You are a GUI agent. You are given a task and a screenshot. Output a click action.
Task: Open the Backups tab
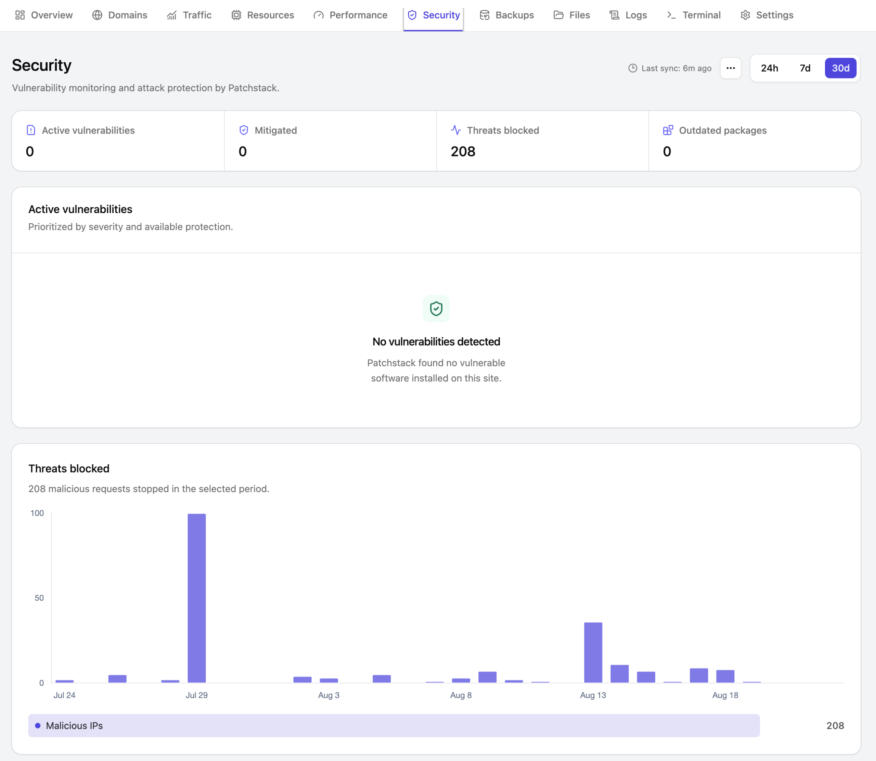point(506,15)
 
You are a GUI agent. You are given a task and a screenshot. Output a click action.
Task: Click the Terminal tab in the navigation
point(694,15)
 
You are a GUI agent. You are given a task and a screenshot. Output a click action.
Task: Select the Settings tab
point(767,15)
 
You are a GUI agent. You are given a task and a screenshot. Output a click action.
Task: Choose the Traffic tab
point(189,15)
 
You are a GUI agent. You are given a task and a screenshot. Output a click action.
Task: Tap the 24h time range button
point(769,68)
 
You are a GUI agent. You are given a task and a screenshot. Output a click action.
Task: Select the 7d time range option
point(805,68)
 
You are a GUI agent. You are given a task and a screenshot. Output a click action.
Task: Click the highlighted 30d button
point(840,68)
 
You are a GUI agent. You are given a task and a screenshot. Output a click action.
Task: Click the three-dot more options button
point(731,68)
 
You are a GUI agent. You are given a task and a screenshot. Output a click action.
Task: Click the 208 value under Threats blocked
point(463,152)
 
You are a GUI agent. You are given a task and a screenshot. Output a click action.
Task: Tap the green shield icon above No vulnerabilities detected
point(436,309)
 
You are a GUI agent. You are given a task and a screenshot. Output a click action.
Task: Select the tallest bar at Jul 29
point(197,598)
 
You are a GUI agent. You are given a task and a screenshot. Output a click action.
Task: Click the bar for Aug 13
point(593,652)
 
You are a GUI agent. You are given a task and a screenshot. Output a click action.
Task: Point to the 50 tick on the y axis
point(39,598)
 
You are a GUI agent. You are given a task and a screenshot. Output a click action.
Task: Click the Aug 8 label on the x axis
point(461,695)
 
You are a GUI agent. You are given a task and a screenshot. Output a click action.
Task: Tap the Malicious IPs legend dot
point(38,725)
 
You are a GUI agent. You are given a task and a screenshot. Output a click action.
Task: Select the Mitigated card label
point(276,130)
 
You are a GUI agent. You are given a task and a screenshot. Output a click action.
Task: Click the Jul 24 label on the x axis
point(64,695)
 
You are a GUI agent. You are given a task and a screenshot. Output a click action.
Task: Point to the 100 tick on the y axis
point(37,513)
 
